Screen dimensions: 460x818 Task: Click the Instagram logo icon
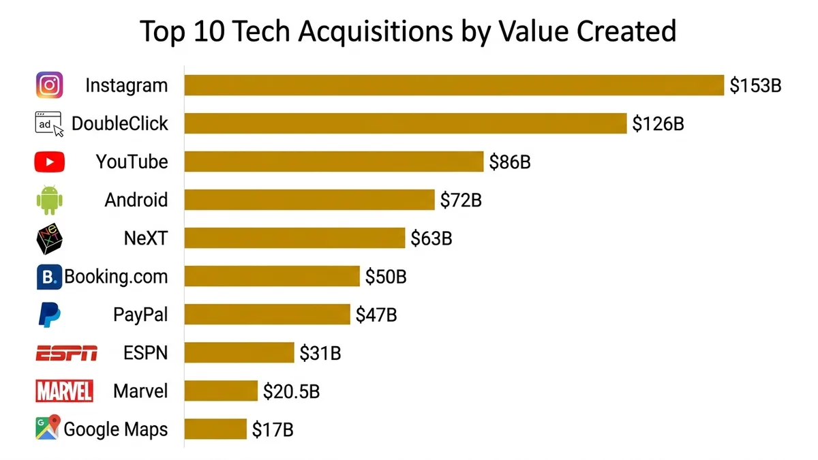tap(49, 85)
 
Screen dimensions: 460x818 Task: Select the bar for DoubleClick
tap(406, 123)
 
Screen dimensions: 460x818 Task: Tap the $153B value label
tap(755, 85)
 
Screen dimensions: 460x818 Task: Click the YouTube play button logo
tap(49, 162)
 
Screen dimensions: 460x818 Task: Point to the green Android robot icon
tap(49, 200)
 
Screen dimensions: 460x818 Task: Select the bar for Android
tap(309, 200)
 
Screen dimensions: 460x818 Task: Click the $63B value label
tap(431, 239)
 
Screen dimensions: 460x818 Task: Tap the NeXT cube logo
tap(49, 239)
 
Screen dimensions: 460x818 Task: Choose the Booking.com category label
tap(116, 277)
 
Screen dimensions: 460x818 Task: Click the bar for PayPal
tap(267, 315)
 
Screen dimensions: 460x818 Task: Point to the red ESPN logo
tap(66, 353)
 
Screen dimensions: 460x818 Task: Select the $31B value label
tap(320, 353)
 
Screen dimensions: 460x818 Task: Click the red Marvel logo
tap(64, 391)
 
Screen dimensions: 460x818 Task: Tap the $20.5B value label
tap(292, 391)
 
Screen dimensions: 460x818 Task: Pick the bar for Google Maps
tap(215, 429)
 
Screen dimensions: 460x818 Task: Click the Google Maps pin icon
tap(48, 428)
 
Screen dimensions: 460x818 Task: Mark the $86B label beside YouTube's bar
tap(510, 162)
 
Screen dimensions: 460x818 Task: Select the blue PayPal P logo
tap(49, 315)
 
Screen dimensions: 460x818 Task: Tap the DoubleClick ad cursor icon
tap(49, 124)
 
